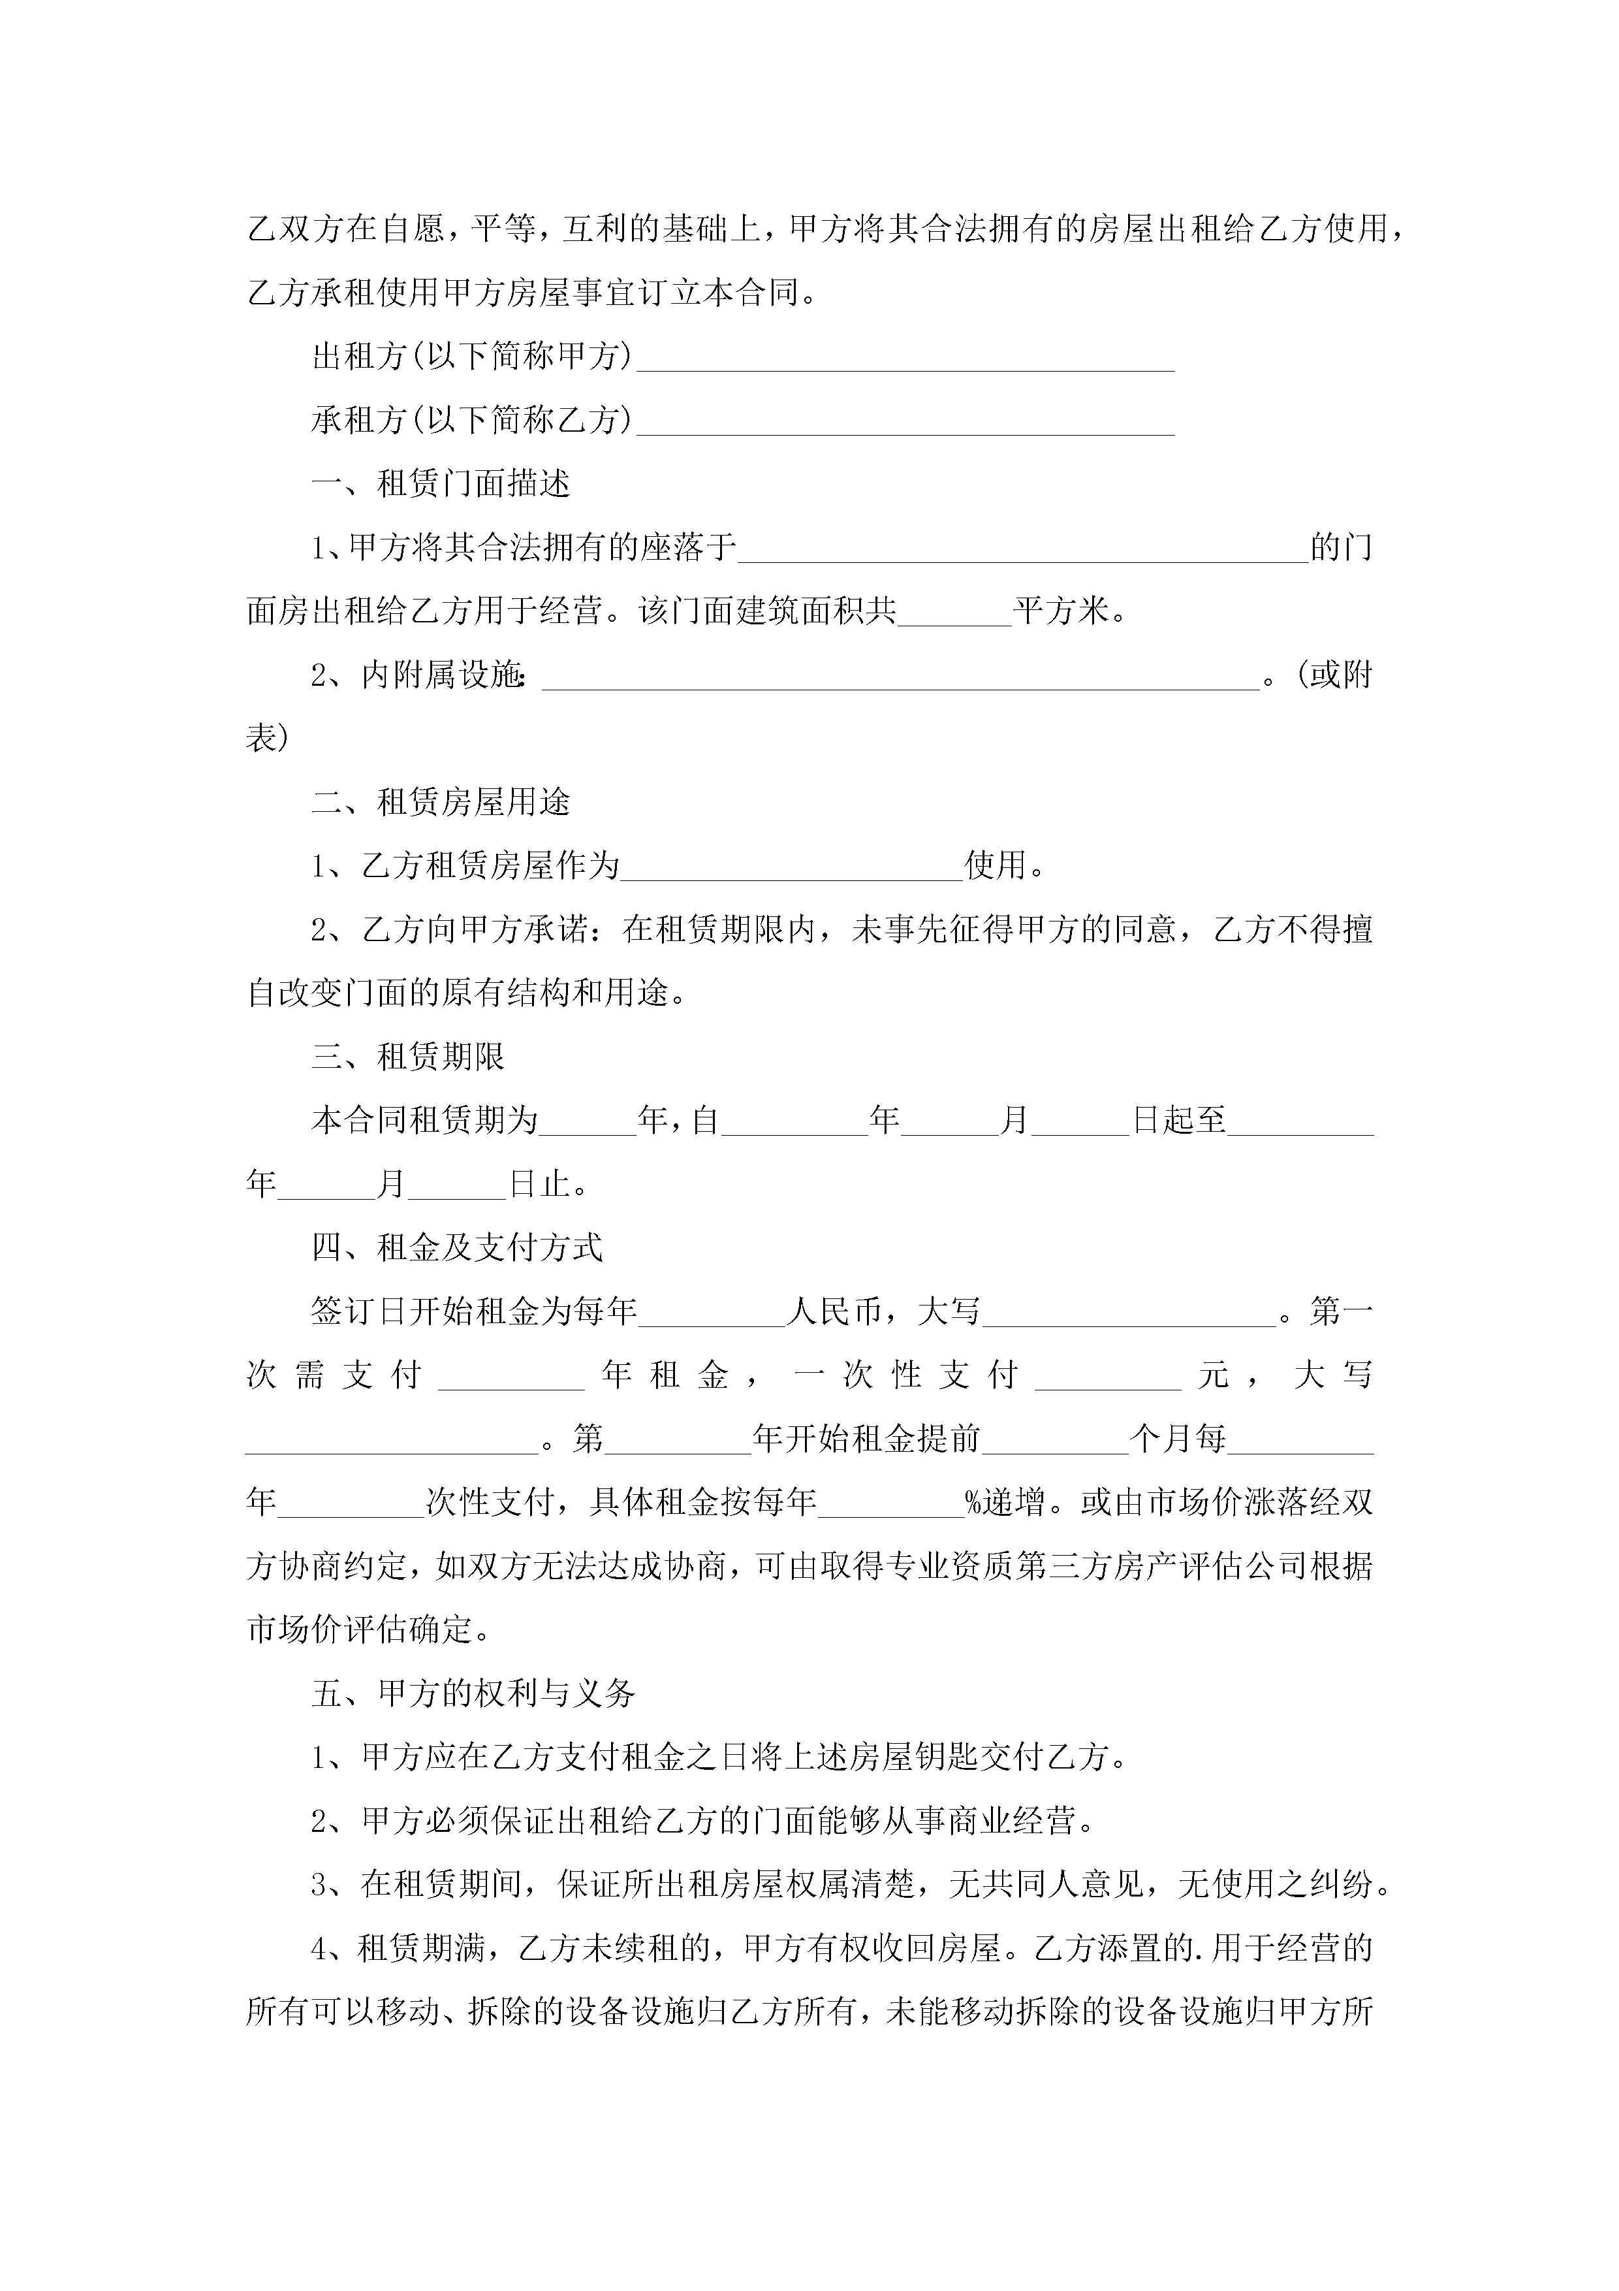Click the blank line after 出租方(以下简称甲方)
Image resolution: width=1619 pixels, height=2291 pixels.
(x=905, y=359)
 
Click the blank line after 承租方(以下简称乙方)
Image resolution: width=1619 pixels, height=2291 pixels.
(x=905, y=423)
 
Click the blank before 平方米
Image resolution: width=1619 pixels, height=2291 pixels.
(x=954, y=613)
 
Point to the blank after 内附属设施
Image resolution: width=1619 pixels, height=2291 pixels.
(x=901, y=677)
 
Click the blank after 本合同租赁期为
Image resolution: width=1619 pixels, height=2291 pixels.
(x=588, y=1123)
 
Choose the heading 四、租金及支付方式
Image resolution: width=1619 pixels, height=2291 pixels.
(x=457, y=1248)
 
